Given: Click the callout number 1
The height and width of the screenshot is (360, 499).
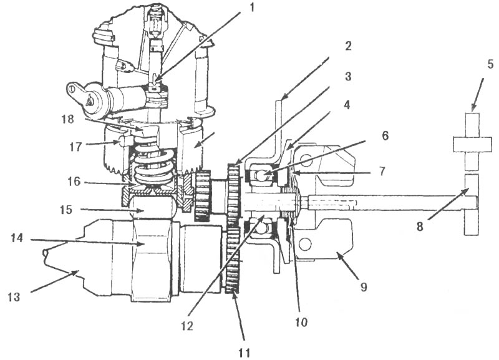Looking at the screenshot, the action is click(252, 7).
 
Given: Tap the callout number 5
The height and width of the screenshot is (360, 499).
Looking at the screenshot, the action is click(490, 65).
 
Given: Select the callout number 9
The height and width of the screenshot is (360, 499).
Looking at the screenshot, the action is click(364, 287).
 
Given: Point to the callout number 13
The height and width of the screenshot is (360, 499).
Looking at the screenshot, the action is click(14, 297).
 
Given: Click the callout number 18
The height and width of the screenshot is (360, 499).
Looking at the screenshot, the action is click(68, 119).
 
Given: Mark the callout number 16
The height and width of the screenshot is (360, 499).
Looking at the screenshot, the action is click(74, 182).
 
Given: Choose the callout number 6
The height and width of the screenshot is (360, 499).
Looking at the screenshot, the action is click(385, 135).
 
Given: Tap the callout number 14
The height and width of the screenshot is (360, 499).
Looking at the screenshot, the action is click(17, 238).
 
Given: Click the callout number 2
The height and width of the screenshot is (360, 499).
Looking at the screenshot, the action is click(348, 46).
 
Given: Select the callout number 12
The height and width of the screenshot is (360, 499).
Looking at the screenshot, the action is click(187, 326).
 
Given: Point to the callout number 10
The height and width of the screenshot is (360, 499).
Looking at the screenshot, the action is click(301, 322).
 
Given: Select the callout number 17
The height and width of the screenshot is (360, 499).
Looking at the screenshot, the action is click(75, 147).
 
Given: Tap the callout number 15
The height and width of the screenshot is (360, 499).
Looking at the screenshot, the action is click(66, 210).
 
